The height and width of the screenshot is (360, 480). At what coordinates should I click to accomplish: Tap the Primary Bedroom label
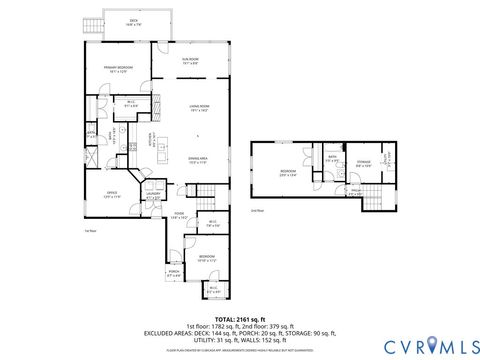119,69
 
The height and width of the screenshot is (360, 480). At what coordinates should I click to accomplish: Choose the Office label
112,196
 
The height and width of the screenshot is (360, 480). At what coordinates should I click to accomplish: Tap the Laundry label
153,198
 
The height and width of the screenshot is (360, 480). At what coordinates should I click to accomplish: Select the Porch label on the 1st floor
174,272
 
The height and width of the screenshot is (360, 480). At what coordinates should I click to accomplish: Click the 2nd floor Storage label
363,162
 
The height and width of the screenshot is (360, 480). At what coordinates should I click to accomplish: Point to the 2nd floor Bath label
333,158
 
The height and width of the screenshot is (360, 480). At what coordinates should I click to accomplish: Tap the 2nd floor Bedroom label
288,172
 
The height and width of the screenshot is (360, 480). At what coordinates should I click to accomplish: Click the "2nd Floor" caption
257,211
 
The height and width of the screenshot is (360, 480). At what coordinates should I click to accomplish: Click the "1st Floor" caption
91,230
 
